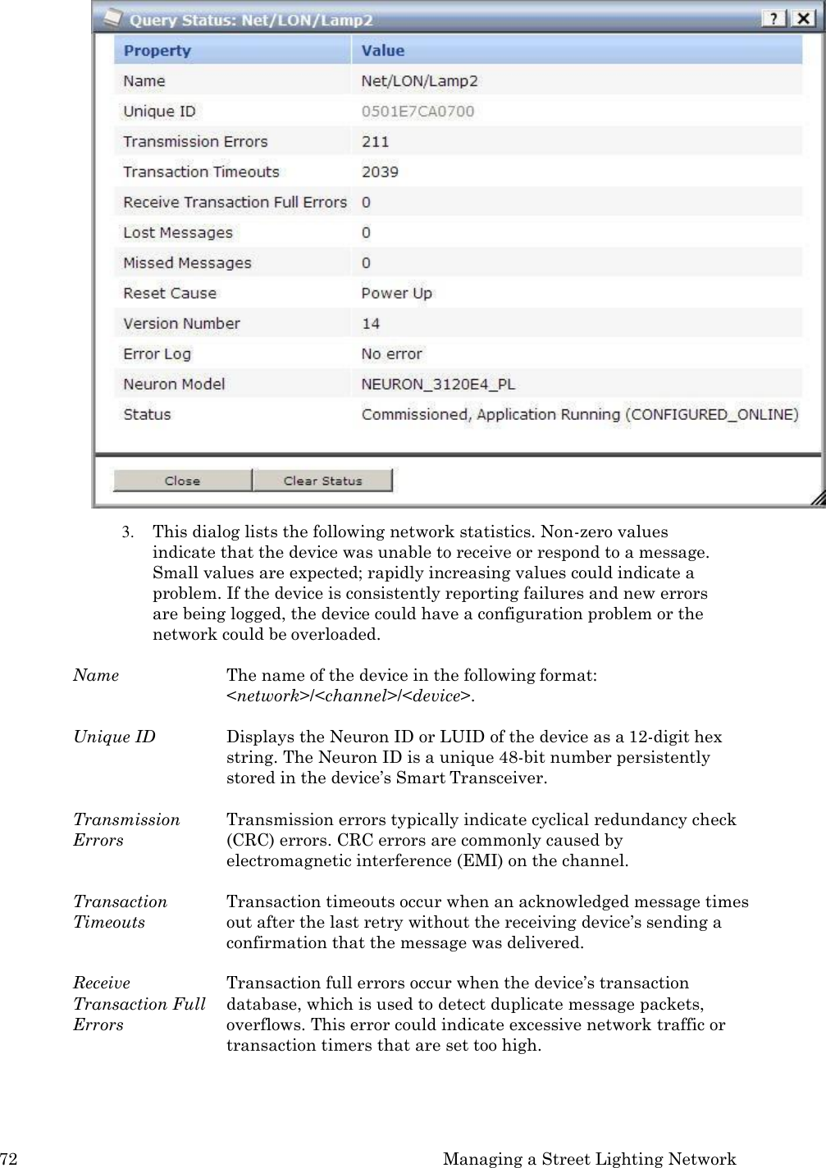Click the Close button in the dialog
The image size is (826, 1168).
(182, 481)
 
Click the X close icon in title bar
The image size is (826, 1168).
(802, 18)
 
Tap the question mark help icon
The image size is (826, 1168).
(774, 18)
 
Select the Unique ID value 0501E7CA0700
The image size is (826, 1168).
(418, 112)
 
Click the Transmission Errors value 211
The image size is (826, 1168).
(376, 142)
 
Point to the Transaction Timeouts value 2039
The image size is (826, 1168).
(380, 172)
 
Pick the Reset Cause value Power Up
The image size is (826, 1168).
(396, 294)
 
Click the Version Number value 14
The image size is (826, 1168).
(371, 324)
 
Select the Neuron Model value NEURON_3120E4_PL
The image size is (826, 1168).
(438, 385)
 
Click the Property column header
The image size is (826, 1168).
(157, 51)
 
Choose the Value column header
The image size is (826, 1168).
(383, 51)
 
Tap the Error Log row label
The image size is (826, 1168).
(157, 354)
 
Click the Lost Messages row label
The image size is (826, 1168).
(178, 233)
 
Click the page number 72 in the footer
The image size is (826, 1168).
(9, 1159)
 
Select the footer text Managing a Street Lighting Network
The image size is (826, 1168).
(589, 1159)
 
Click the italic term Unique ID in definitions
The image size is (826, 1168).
(114, 737)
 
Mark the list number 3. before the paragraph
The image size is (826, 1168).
(127, 532)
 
